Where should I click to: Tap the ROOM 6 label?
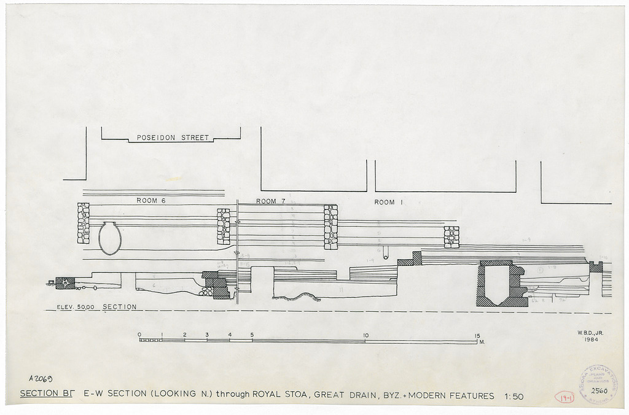(151, 201)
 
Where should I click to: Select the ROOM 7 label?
(271, 201)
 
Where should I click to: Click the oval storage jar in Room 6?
(110, 238)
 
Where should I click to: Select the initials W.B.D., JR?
(590, 333)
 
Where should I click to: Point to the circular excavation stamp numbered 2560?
(598, 385)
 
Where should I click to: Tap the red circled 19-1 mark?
(564, 397)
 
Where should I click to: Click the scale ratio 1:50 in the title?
(514, 397)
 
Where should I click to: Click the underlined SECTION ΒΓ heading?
(47, 395)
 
